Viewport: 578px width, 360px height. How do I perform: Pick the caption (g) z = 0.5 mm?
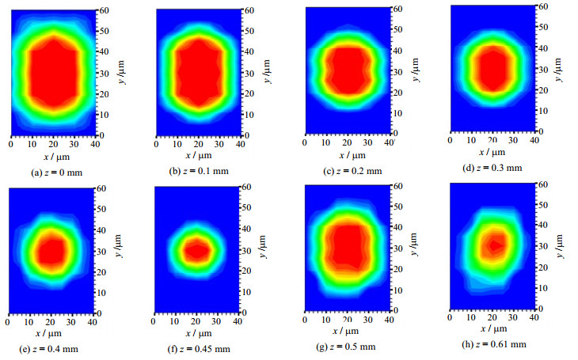coord(347,347)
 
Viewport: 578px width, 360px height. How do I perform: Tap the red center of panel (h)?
coord(493,245)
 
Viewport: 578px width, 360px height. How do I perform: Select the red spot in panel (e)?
coord(51,251)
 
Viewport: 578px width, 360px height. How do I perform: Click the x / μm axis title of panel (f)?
coord(196,335)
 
